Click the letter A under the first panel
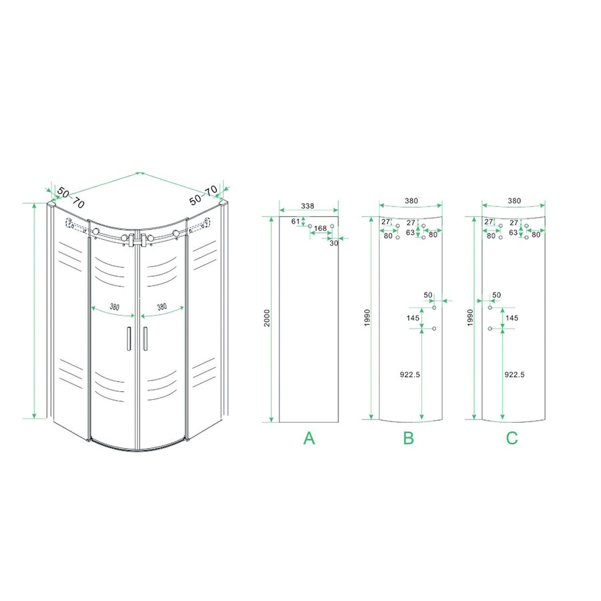[x=309, y=438]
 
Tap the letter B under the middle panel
[x=409, y=438]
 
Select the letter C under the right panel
[x=512, y=438]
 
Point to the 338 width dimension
[x=307, y=206]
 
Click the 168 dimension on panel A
[x=321, y=228]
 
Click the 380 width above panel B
[x=411, y=200]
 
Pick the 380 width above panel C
[x=514, y=200]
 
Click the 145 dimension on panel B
[x=413, y=318]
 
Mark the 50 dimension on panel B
[x=428, y=294]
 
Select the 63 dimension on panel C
[x=513, y=233]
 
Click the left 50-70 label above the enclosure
[x=70, y=197]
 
